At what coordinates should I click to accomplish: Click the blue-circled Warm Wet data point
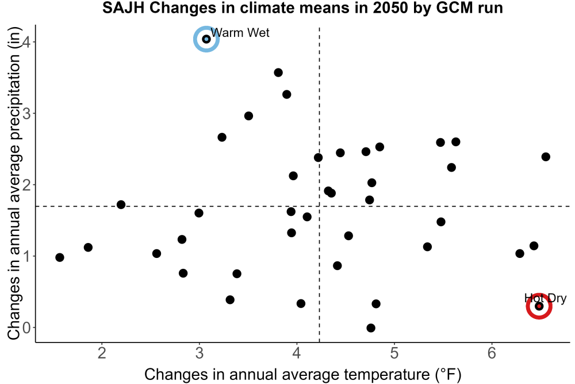click(206, 39)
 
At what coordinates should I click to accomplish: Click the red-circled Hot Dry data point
click(539, 306)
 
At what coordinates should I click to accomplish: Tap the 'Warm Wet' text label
click(240, 33)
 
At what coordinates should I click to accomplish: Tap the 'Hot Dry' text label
click(545, 298)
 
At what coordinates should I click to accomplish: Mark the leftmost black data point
click(60, 257)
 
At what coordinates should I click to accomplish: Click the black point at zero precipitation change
click(371, 328)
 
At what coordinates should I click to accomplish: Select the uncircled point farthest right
click(546, 157)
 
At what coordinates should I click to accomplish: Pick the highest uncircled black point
click(278, 73)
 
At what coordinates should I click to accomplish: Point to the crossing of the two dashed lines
click(319, 206)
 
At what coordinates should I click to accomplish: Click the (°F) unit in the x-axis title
click(448, 375)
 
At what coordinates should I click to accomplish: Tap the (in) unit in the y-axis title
click(14, 37)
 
